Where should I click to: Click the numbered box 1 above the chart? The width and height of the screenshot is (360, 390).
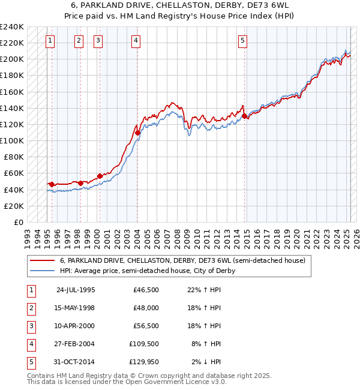pyautogui.click(x=49, y=41)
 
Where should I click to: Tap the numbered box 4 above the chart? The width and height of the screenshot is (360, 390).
pyautogui.click(x=136, y=41)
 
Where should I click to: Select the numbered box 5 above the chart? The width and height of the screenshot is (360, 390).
pyautogui.click(x=242, y=41)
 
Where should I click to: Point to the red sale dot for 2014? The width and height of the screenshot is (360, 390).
pyautogui.click(x=244, y=116)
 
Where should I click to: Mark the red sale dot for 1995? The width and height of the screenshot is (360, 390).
pyautogui.click(x=52, y=184)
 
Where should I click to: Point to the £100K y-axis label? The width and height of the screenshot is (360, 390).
pyautogui.click(x=12, y=140)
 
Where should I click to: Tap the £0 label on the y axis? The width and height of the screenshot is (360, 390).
pyautogui.click(x=18, y=222)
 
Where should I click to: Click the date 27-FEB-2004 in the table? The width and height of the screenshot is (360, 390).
pyautogui.click(x=76, y=344)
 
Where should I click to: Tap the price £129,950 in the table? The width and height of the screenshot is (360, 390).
pyautogui.click(x=144, y=362)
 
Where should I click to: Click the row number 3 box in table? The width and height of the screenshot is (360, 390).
pyautogui.click(x=31, y=326)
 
